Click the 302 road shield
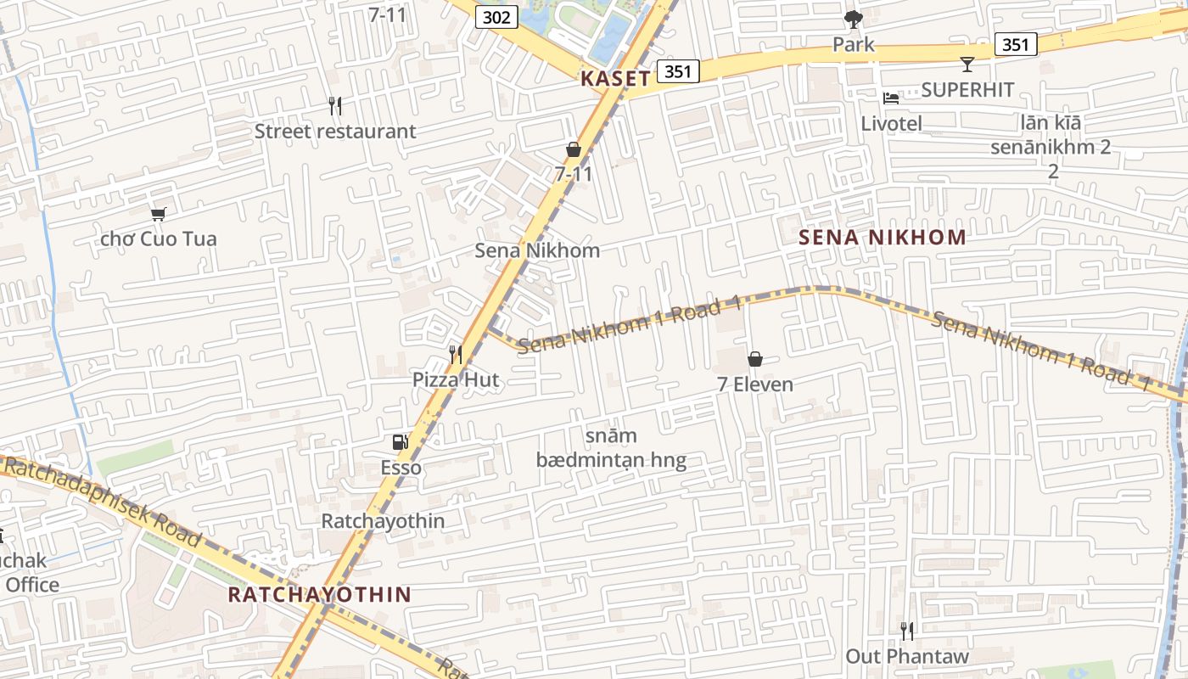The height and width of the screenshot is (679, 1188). point(496,17)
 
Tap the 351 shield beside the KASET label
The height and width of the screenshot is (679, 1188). point(677,71)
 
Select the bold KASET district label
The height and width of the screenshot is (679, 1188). point(616,79)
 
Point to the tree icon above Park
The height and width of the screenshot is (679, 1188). point(854,20)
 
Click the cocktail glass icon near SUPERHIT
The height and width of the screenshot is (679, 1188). point(967,64)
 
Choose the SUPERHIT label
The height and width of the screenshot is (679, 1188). point(967,89)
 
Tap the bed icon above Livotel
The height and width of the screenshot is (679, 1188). point(890,98)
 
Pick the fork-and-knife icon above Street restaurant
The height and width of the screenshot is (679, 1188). point(335,106)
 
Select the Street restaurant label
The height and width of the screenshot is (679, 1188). point(335,131)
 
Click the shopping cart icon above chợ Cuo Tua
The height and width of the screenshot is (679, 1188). point(158,214)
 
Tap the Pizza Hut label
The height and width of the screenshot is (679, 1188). point(456,379)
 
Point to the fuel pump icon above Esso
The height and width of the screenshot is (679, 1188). point(400,442)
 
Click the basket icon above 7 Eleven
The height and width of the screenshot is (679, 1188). point(755,359)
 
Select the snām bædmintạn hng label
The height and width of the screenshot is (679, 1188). point(611,448)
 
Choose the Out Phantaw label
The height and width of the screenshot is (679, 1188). point(906,656)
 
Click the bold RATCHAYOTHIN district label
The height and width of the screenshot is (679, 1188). point(319,594)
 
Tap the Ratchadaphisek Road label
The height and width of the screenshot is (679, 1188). point(102,501)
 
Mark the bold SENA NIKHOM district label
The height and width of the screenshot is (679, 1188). point(883,237)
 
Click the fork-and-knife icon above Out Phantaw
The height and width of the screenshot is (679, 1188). point(907,631)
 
